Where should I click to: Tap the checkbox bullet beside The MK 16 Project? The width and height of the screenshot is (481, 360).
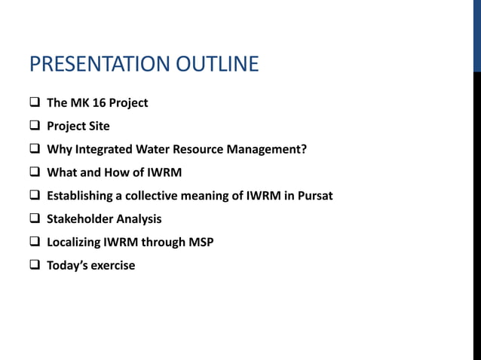pos(35,103)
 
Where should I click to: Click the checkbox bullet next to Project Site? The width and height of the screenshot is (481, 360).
pos(35,127)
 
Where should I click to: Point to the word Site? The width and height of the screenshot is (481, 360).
pos(98,127)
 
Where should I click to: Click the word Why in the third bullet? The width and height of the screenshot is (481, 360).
pos(59,149)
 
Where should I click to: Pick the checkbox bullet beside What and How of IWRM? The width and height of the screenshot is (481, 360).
pos(35,172)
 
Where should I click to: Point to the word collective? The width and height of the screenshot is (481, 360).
pos(153,196)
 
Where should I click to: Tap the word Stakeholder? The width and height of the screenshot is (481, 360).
pos(80,219)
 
